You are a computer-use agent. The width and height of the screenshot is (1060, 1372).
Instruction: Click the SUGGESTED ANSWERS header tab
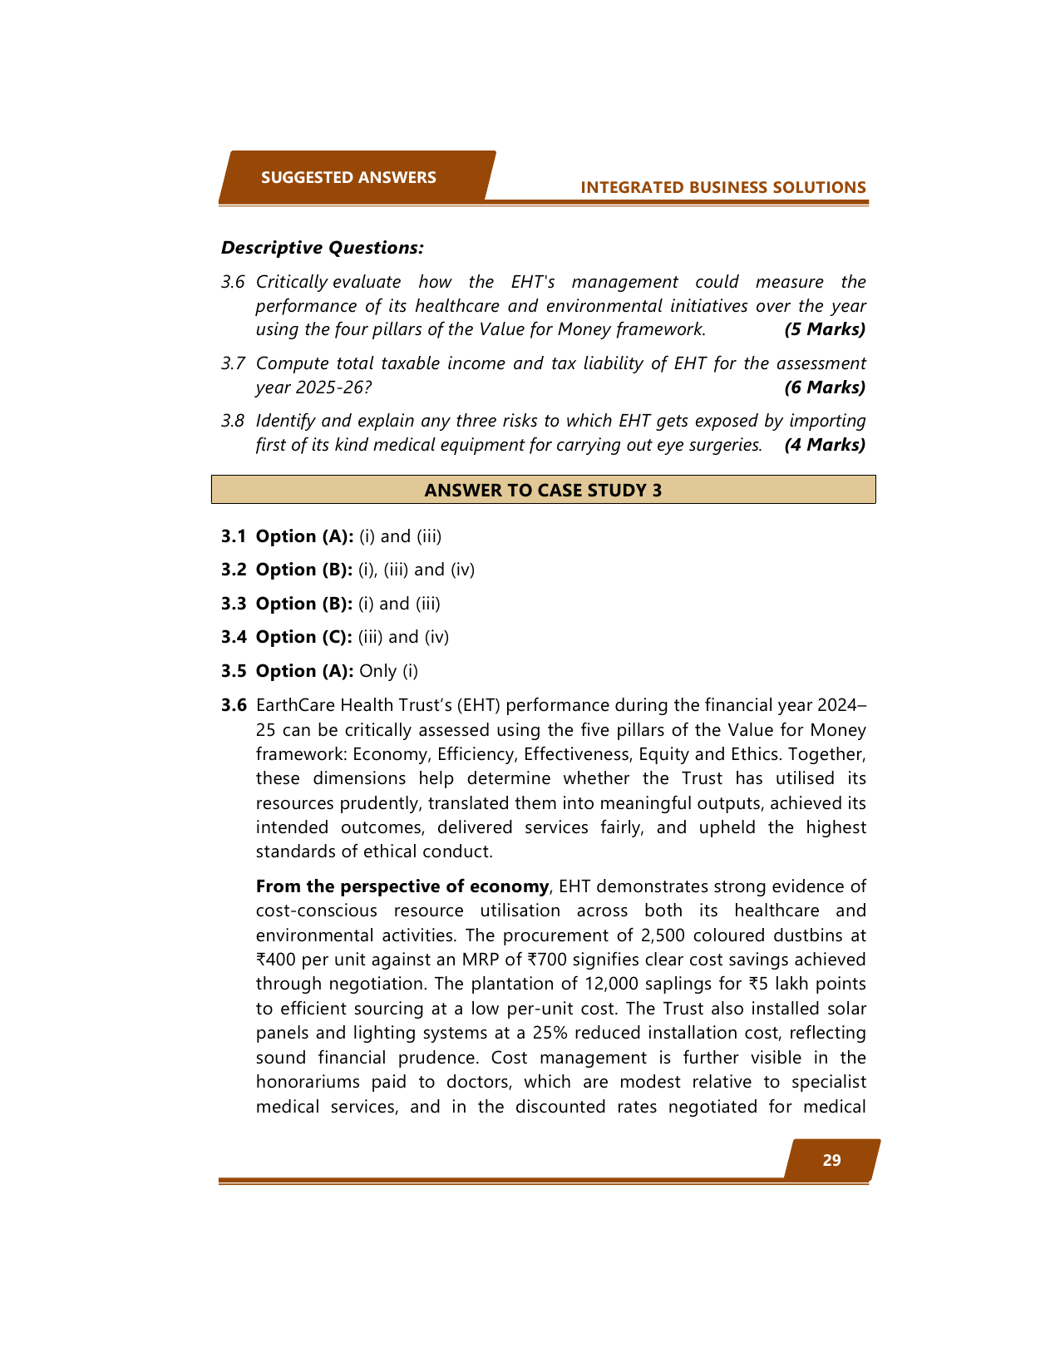[348, 177]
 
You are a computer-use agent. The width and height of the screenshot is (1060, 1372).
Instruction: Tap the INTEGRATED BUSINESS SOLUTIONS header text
[723, 187]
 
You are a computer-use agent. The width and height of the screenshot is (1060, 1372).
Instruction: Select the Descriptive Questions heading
[323, 248]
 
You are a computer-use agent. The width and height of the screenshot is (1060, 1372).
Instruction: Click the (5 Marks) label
[825, 329]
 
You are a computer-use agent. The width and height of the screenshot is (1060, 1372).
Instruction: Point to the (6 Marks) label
[825, 387]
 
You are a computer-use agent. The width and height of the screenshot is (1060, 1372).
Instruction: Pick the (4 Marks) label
[825, 445]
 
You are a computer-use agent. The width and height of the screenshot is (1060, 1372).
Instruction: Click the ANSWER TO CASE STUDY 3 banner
[543, 490]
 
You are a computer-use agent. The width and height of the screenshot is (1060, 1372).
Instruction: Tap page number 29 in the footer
[831, 1160]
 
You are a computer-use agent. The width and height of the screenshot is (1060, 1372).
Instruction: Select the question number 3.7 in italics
[233, 363]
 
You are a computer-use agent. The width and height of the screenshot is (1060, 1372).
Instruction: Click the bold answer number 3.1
[234, 536]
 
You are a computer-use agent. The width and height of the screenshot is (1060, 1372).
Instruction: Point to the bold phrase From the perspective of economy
[402, 886]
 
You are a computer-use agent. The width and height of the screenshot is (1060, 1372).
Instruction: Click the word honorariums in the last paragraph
[309, 1082]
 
